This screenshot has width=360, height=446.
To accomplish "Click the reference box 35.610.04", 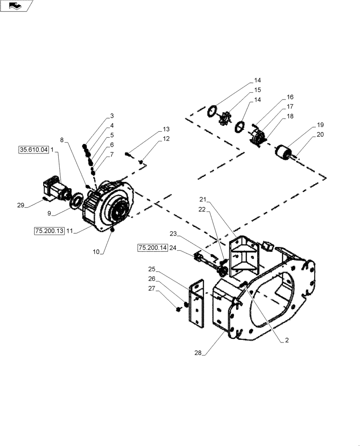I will (x=33, y=150).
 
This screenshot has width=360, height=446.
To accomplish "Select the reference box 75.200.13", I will (x=49, y=230).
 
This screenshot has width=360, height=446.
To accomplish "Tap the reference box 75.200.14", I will (x=152, y=248).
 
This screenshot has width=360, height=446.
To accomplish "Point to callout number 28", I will (x=198, y=353).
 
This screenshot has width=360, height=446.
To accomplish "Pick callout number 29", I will (x=20, y=205).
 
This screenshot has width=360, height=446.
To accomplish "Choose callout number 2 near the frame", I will (x=287, y=340).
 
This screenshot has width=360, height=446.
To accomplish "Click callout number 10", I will (x=96, y=252).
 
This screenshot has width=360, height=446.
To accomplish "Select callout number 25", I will (x=152, y=269).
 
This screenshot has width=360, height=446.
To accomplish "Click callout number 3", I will (x=112, y=116).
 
